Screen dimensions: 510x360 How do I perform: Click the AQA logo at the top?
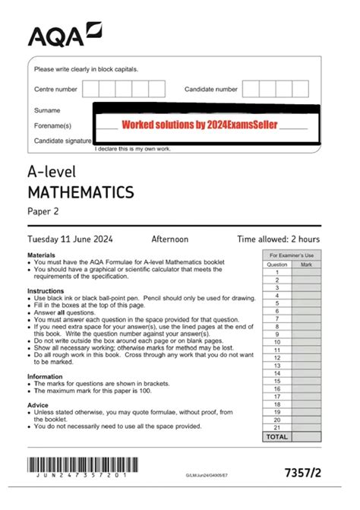65,34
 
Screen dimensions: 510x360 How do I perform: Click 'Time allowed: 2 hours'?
278,239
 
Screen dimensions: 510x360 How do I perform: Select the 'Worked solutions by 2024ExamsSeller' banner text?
200,123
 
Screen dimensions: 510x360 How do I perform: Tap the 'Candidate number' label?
210,90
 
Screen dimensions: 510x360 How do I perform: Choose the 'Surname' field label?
47,111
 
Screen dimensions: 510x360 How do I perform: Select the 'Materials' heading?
41,255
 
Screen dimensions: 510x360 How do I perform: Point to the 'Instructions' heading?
45,291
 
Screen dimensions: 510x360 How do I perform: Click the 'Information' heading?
45,376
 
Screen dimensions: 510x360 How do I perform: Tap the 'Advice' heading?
38,404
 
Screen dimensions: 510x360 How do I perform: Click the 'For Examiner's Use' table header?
292,256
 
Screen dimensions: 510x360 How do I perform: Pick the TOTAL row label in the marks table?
277,437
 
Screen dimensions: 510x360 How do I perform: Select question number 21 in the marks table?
277,427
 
